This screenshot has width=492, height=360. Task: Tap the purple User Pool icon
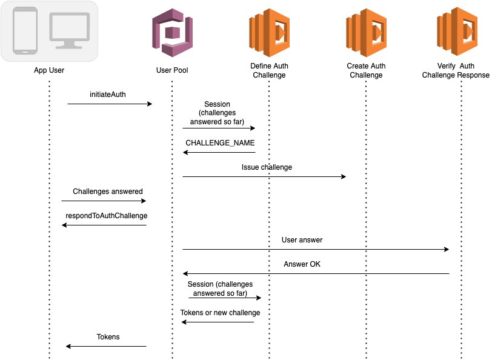172,32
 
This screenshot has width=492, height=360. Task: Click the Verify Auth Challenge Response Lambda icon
462,32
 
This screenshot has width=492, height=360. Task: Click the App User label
49,70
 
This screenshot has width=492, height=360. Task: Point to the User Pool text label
172,70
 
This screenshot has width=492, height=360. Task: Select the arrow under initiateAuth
109,104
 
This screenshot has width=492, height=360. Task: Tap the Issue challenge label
267,167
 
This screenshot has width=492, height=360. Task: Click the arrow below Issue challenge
264,177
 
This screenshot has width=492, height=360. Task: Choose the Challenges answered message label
108,191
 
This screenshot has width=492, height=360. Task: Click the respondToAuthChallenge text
107,215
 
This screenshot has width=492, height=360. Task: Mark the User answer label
302,239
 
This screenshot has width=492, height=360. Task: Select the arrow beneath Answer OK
316,273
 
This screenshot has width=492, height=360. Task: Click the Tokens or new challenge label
220,313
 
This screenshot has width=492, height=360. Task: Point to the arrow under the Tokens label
106,346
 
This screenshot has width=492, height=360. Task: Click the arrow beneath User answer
316,249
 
